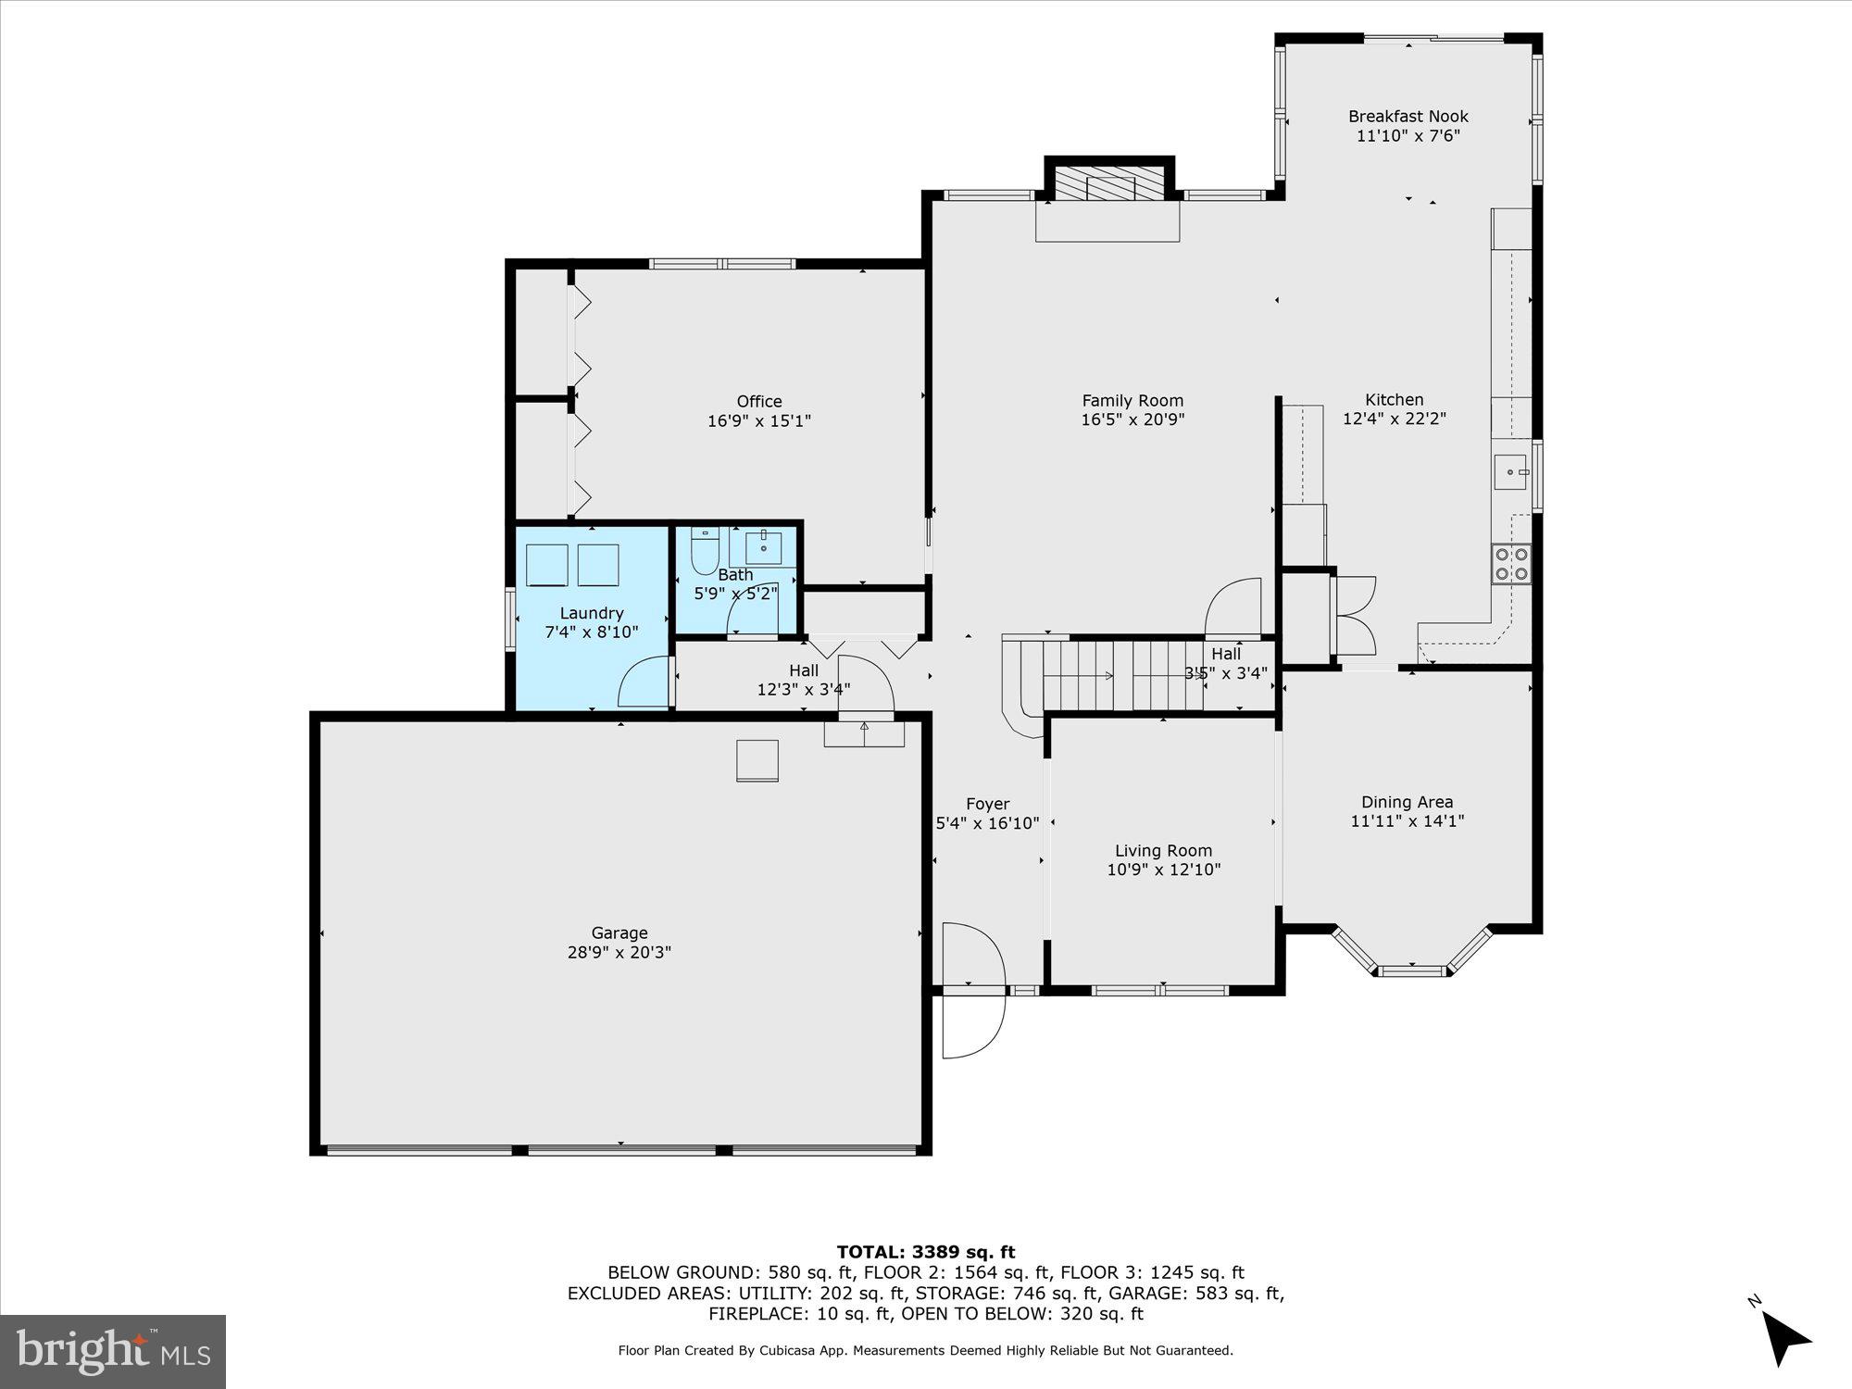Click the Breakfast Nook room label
point(1408,117)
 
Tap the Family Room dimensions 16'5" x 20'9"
point(1132,419)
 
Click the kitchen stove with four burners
point(1510,564)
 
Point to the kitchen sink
point(1510,471)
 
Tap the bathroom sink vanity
point(763,547)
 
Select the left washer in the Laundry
point(546,565)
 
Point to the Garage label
point(619,932)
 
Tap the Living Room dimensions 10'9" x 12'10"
point(1163,870)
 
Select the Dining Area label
point(1407,802)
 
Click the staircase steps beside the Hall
point(1120,675)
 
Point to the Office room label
point(759,401)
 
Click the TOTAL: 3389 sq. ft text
point(926,1252)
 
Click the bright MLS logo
point(113,1351)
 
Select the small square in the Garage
point(757,760)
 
